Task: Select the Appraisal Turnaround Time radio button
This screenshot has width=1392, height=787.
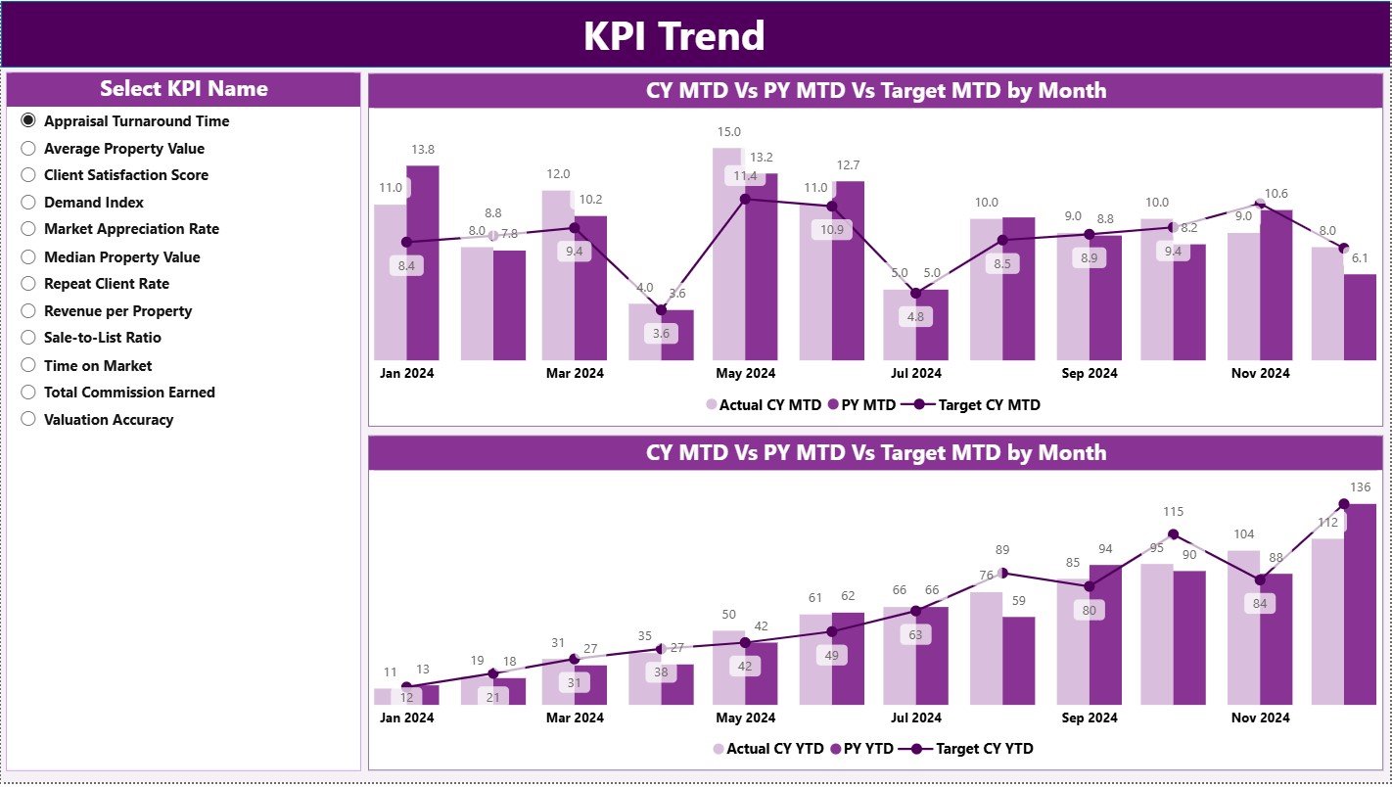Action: [28, 121]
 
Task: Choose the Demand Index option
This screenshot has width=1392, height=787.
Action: [28, 203]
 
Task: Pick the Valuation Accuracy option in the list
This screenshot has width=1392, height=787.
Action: [28, 420]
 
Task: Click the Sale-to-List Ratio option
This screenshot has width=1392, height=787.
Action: [28, 338]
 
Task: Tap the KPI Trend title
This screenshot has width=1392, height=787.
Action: [673, 36]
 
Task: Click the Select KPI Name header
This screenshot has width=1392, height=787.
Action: [183, 89]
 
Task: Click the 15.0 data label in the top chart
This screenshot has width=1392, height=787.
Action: [728, 132]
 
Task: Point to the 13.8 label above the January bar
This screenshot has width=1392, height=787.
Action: [423, 150]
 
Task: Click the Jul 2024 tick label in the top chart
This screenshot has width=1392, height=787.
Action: [915, 373]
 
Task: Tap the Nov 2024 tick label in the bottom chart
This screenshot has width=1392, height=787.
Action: [1260, 718]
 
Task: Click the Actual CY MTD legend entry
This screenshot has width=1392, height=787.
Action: [763, 405]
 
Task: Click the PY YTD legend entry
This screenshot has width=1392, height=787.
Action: [861, 749]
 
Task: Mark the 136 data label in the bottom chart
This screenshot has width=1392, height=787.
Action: [1360, 487]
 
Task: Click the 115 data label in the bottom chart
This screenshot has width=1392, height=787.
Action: [1173, 512]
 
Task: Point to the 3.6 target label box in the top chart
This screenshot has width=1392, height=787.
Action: [661, 333]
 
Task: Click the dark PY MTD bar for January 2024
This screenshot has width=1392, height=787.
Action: [423, 264]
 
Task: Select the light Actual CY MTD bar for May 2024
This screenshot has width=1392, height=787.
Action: [728, 255]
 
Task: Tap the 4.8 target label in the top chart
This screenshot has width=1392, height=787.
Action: [915, 317]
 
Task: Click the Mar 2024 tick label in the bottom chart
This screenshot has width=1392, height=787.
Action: [575, 718]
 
